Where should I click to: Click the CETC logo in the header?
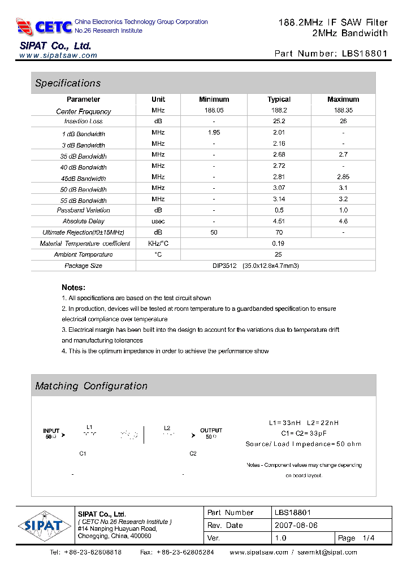(x=44, y=26)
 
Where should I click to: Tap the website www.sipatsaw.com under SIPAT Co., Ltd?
(x=58, y=55)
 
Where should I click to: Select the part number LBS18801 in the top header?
(x=365, y=54)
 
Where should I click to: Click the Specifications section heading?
(x=68, y=83)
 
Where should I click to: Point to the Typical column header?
(x=279, y=99)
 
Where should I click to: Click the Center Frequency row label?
(x=84, y=111)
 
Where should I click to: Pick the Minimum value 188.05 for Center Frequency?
(x=214, y=110)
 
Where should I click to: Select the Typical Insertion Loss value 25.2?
(x=279, y=121)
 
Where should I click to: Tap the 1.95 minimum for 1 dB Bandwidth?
(x=214, y=132)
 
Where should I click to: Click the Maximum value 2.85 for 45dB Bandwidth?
(x=343, y=177)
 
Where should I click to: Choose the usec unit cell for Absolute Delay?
(x=158, y=221)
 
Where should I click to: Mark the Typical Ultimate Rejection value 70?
(x=279, y=232)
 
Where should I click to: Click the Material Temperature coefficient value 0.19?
(x=279, y=243)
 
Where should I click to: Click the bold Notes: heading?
(x=73, y=287)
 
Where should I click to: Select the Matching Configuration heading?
(x=91, y=386)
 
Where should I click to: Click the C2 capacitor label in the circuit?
(x=193, y=454)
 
